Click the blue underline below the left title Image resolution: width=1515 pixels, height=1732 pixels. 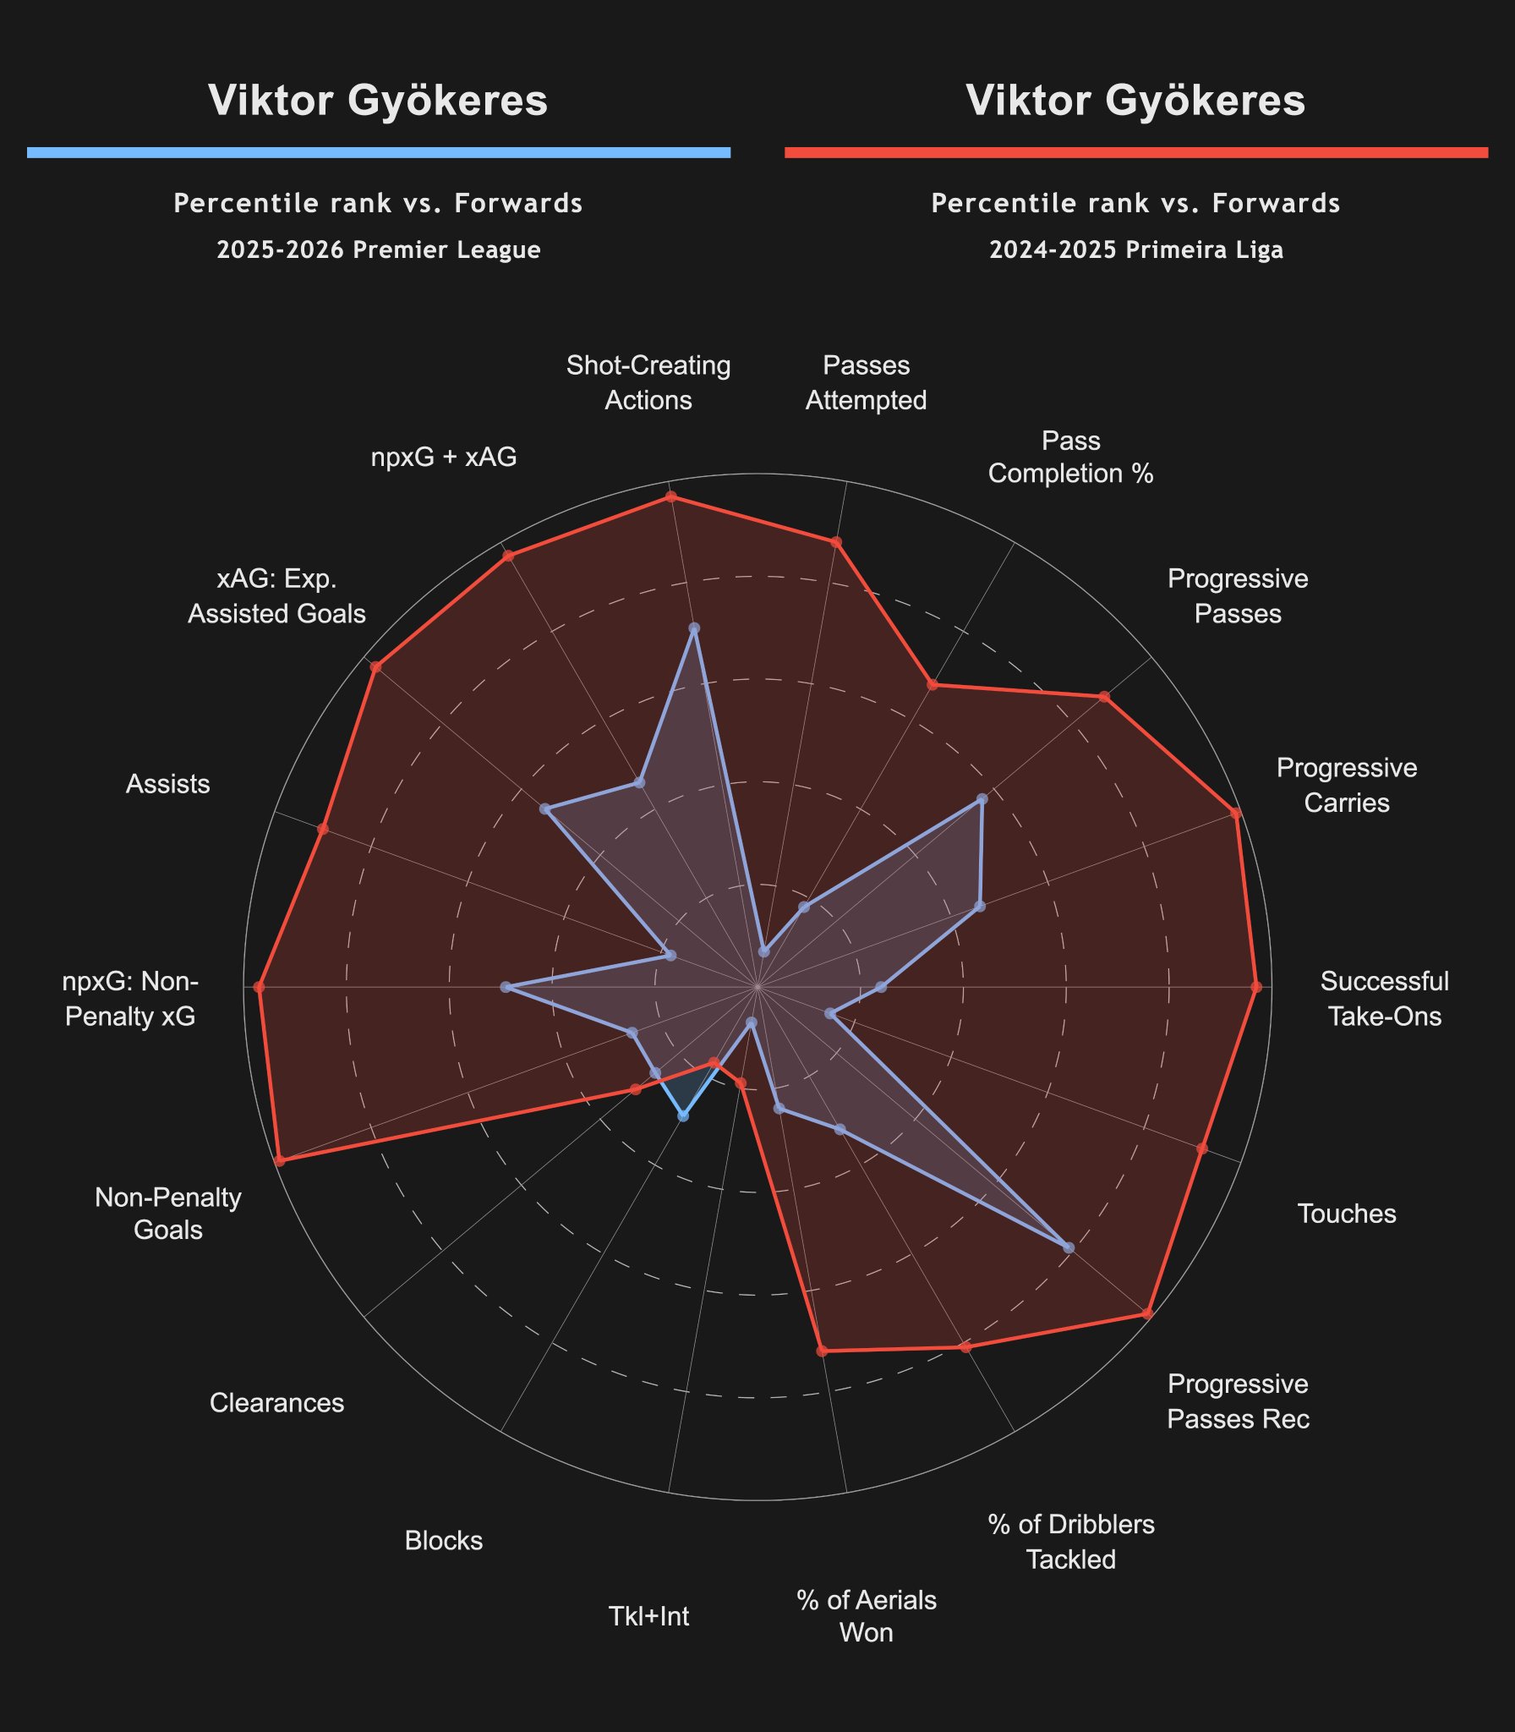(379, 152)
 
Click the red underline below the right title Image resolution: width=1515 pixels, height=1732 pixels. (1135, 152)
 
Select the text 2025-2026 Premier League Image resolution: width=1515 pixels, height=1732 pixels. (379, 250)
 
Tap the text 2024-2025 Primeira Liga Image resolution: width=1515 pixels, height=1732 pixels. (1135, 250)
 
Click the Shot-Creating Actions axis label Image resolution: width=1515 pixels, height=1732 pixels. (648, 382)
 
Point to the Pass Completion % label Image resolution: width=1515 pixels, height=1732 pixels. (1070, 457)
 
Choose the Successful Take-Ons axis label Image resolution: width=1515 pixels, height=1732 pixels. (1384, 998)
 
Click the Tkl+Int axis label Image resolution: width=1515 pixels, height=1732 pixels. (648, 1616)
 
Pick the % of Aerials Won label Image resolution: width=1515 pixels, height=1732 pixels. (866, 1616)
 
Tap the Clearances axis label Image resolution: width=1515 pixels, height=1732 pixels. (276, 1403)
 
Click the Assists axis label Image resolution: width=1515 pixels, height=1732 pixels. (167, 784)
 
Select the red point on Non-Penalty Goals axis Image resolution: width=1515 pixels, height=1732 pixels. (280, 1161)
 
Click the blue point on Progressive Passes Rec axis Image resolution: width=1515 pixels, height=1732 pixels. (1069, 1247)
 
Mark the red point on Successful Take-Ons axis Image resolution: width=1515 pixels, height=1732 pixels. (1255, 987)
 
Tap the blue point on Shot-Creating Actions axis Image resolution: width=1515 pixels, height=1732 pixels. (694, 628)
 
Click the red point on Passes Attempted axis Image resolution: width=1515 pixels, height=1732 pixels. (836, 542)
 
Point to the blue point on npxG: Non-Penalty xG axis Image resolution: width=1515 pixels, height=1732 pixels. (506, 987)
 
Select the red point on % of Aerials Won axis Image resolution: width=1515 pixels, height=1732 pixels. (822, 1351)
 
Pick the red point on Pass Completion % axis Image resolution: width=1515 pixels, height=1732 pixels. (932, 684)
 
